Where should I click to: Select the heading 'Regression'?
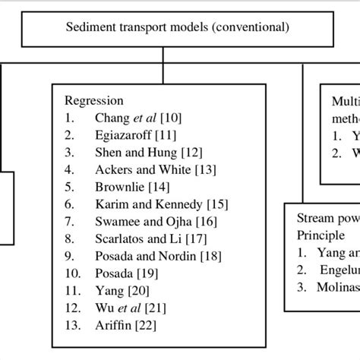pos(93,100)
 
